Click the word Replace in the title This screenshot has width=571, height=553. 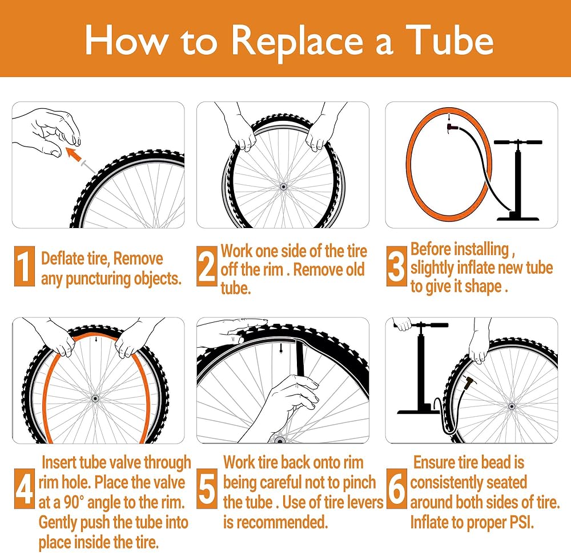click(297, 41)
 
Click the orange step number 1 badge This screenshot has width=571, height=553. click(25, 266)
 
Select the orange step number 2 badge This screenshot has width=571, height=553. click(207, 266)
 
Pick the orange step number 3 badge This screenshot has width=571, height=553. click(397, 266)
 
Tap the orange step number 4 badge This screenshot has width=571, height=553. click(25, 488)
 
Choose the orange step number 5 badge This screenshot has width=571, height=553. click(207, 488)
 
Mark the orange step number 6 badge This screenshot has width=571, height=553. click(397, 488)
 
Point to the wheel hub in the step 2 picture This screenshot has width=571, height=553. click(283, 187)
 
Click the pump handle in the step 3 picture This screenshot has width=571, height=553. click(518, 142)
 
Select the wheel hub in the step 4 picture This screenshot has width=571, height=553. click(95, 399)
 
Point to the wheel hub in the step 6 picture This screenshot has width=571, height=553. click(512, 406)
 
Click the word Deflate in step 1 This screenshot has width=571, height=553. click(63, 258)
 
